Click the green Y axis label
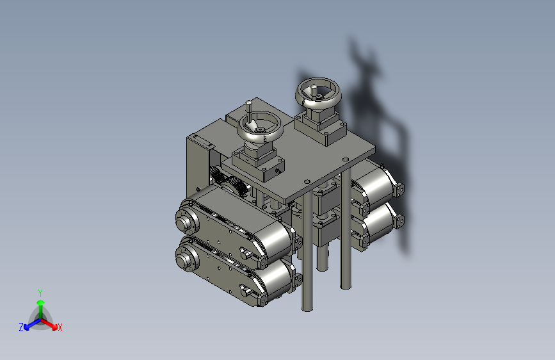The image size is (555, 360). [40, 293]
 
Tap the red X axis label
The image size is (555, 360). [60, 327]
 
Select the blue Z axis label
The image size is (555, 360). [21, 327]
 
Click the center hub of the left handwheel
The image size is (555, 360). [260, 130]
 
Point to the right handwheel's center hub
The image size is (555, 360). [319, 96]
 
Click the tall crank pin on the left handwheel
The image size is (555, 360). [249, 111]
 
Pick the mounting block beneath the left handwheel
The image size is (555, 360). [259, 161]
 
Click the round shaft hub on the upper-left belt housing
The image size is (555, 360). [187, 220]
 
